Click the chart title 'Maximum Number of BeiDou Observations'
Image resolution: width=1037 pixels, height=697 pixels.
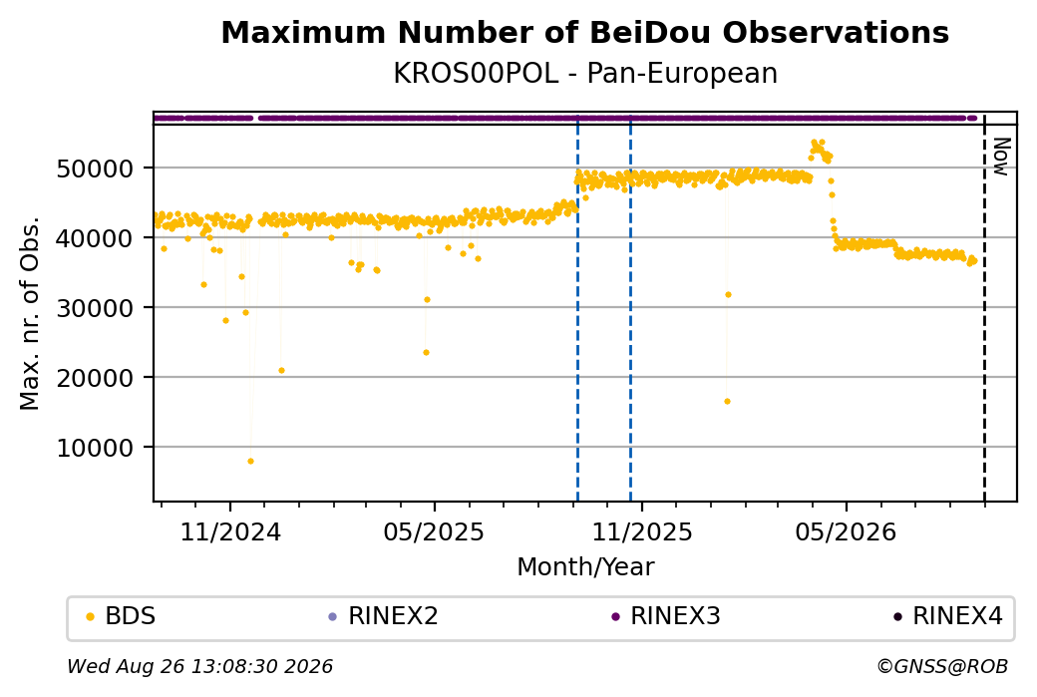click(584, 32)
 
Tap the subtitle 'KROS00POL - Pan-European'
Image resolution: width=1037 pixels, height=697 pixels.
click(584, 73)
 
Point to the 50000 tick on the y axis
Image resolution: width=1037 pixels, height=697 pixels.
click(96, 169)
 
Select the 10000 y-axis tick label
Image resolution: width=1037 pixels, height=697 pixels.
click(96, 448)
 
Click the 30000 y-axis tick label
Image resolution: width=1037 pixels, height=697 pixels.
click(96, 308)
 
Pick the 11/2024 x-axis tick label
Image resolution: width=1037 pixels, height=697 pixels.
click(230, 531)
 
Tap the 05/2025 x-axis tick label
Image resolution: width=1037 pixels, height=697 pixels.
click(434, 531)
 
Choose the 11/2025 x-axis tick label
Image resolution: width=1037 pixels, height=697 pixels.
click(641, 531)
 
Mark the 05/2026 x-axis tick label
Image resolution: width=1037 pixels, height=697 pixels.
click(846, 531)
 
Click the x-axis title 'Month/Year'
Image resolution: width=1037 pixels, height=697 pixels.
click(585, 566)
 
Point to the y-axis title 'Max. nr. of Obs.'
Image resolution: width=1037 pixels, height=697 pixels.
click(30, 313)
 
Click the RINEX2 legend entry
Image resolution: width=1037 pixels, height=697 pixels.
click(384, 616)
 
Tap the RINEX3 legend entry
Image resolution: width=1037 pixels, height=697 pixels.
click(666, 616)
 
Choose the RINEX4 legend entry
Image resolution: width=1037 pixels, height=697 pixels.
click(948, 616)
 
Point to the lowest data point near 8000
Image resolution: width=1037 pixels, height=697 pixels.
click(250, 461)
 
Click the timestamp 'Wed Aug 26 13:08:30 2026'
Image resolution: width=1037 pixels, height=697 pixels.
click(199, 666)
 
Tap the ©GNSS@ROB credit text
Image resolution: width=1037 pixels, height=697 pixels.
click(942, 666)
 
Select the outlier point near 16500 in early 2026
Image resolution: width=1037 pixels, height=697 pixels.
click(728, 402)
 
